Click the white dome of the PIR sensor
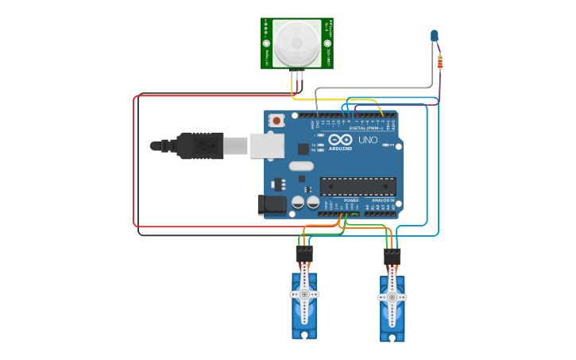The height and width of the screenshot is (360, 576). point(297,43)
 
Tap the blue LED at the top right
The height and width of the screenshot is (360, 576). point(435,36)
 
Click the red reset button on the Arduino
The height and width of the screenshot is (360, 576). point(276,121)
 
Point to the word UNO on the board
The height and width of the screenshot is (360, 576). point(368,140)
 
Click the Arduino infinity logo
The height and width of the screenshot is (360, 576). point(340,140)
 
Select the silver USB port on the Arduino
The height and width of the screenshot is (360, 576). point(266,145)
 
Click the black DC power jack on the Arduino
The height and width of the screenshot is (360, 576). point(273,204)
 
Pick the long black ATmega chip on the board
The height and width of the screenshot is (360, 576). point(358,187)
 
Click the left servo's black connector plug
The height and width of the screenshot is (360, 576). point(304,254)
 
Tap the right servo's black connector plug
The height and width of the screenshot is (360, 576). point(392,257)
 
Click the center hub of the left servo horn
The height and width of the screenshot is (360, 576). point(304,294)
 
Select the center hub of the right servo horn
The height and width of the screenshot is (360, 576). point(392,298)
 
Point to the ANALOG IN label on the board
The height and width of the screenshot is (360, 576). point(384,200)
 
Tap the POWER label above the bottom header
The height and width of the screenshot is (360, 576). point(350,200)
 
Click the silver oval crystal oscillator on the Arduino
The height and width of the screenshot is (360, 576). point(302,166)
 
